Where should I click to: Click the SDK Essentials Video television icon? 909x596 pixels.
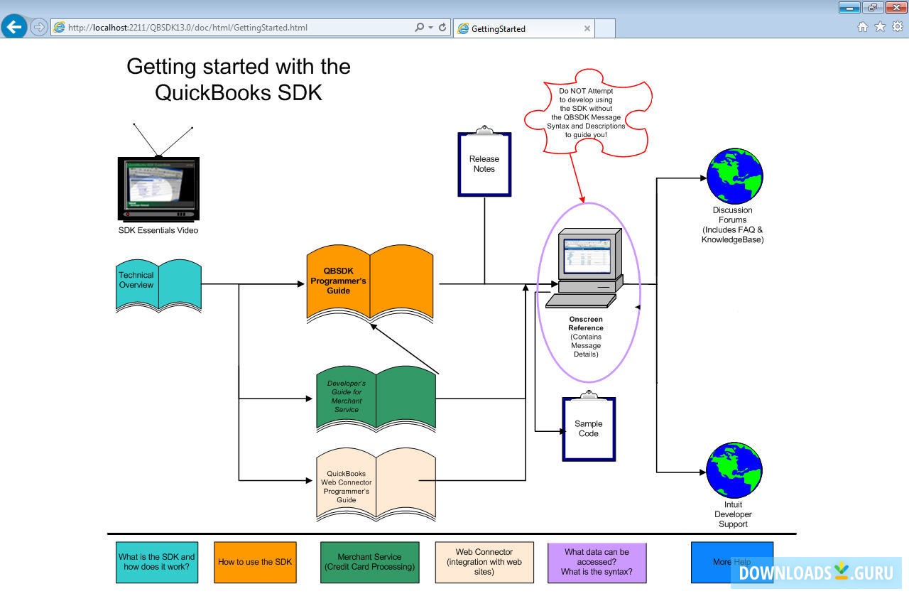click(158, 188)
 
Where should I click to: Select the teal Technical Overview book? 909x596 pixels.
click(158, 285)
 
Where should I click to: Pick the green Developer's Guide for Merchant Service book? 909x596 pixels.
click(376, 399)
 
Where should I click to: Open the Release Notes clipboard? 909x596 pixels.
click(484, 165)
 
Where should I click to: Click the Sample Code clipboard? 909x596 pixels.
click(589, 429)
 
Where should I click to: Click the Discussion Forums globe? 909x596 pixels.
click(734, 176)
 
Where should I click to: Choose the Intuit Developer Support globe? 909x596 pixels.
click(734, 470)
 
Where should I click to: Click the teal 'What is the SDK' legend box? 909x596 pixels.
click(157, 562)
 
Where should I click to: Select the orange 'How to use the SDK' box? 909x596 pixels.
click(255, 562)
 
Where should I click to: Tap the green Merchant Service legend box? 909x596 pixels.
click(369, 562)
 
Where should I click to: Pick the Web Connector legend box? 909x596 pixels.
click(484, 562)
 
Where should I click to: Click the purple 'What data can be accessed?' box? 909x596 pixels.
click(597, 562)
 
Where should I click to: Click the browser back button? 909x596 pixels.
click(13, 27)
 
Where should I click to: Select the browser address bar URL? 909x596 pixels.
click(187, 28)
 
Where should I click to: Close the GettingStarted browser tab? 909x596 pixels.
click(587, 28)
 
